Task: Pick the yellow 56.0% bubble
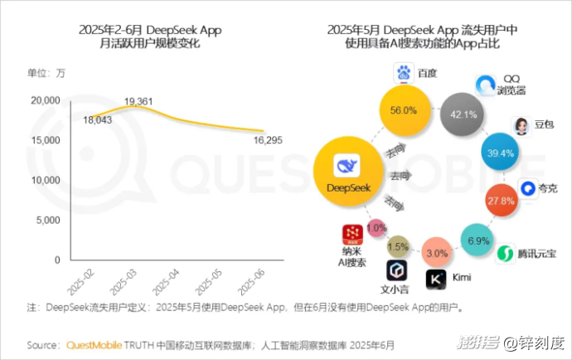(x=403, y=109)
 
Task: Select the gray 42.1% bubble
(x=464, y=114)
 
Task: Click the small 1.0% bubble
(x=376, y=227)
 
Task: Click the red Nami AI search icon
(x=352, y=236)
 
